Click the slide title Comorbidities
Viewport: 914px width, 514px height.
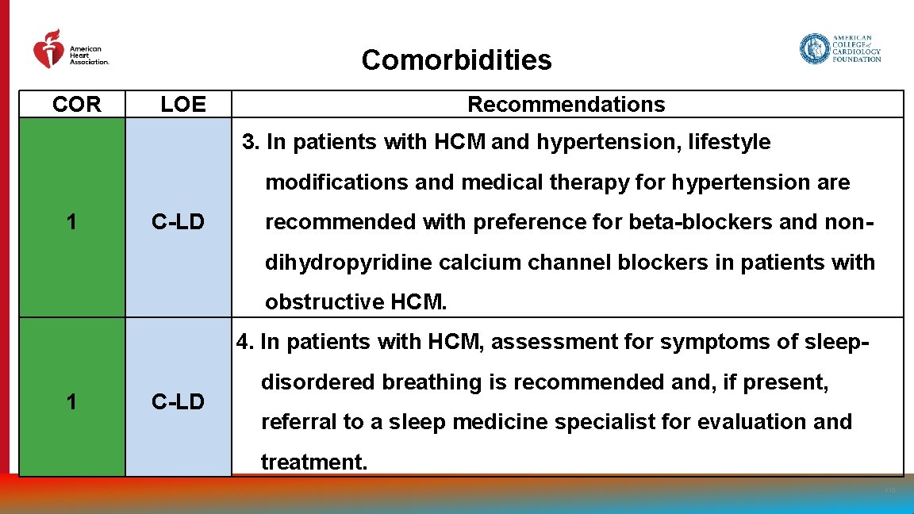(456, 59)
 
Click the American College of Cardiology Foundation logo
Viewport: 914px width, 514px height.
(840, 48)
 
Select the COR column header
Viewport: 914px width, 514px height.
(77, 105)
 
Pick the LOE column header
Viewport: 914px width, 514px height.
(182, 105)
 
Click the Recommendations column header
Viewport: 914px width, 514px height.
(566, 105)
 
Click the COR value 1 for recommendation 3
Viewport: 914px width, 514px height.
(72, 223)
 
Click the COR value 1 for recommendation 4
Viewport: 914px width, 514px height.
(72, 402)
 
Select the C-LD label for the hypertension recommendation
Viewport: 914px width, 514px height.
(178, 223)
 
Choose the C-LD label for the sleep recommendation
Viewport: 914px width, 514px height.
(178, 402)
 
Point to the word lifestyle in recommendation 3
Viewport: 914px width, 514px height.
(729, 143)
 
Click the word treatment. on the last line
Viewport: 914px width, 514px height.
(314, 462)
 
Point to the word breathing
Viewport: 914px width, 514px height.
(432, 382)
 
